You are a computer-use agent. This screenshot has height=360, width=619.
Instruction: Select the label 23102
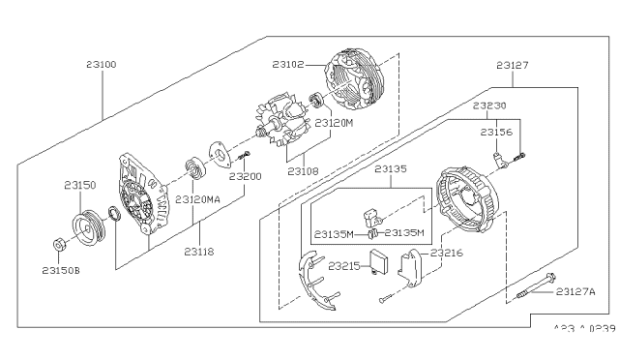click(289, 66)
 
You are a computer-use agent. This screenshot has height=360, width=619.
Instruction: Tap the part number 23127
click(514, 66)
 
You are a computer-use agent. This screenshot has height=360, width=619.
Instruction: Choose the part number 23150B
click(62, 270)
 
